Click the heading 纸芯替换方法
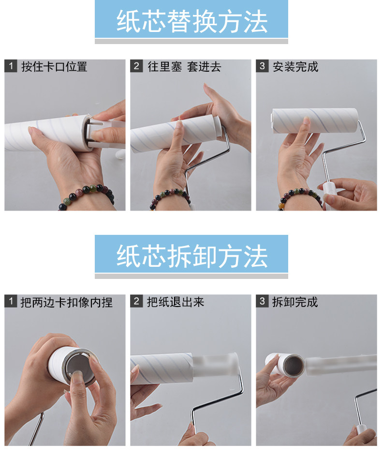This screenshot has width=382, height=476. tap(192, 21)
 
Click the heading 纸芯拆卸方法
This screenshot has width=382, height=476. tap(192, 256)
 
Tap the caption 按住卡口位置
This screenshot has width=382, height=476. tap(54, 66)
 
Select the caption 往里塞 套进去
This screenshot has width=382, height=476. tap(184, 66)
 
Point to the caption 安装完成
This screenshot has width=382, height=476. tap(295, 66)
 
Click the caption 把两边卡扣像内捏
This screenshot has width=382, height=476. tap(66, 302)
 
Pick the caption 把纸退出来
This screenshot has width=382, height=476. tap(176, 302)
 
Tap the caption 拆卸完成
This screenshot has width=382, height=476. tap(294, 302)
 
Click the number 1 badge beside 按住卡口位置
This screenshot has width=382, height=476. tap(11, 66)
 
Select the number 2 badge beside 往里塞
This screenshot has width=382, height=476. tap(136, 66)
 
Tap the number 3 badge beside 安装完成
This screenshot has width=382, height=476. tap(262, 66)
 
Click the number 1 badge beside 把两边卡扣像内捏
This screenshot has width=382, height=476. tap(11, 301)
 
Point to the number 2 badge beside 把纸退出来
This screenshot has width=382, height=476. tap(136, 301)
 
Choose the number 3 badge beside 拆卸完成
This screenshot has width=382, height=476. tap(262, 301)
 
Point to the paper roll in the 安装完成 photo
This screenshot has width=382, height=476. tap(315, 121)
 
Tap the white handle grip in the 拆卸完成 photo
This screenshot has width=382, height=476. tap(361, 435)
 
